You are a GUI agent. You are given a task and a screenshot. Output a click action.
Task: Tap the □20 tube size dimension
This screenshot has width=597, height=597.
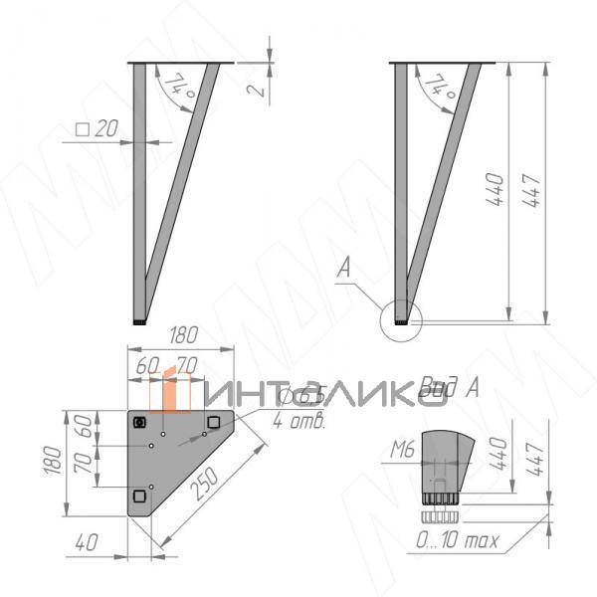97,130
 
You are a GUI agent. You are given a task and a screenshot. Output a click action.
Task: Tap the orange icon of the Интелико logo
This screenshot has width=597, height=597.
171,390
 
